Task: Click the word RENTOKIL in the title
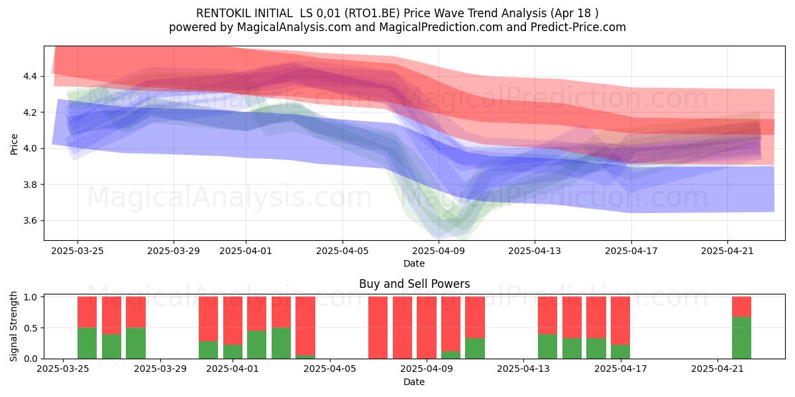219,13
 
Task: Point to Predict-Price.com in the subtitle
578,27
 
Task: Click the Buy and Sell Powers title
414,284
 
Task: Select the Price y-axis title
14,144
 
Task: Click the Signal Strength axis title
13,326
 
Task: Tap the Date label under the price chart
414,263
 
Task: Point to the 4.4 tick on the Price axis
30,76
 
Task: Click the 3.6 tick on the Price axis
30,220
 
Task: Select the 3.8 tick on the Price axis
30,185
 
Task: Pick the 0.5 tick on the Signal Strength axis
30,328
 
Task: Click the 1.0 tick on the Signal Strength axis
30,296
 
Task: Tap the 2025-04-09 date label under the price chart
439,251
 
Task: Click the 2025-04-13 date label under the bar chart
523,369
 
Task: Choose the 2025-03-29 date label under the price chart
174,251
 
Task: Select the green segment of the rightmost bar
741,338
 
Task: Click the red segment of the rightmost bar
741,306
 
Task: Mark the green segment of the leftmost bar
87,343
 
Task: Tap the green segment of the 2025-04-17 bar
620,351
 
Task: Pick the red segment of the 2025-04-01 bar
233,320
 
